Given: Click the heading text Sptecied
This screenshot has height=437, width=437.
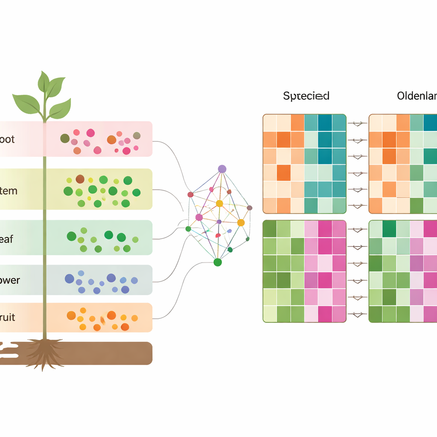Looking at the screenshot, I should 306,96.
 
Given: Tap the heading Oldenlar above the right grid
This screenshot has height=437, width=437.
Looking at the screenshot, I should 417,96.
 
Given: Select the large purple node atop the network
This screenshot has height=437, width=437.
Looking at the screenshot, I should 222,169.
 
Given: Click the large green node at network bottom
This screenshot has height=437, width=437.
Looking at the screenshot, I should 218,262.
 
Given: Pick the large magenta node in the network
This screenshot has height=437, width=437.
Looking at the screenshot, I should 199,217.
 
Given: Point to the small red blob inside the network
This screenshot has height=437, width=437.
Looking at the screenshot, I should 218,235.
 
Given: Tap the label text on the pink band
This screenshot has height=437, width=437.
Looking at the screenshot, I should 7,139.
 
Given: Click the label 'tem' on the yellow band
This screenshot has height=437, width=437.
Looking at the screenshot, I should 9,190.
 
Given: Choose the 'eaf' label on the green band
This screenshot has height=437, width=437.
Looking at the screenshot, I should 7,239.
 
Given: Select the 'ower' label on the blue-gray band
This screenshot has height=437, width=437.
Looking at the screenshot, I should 9,280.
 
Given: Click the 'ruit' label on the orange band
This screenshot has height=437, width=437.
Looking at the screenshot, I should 8,318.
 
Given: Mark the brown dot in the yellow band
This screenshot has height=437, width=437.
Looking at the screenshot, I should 80,179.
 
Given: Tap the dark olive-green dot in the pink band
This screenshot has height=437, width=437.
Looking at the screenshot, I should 65,138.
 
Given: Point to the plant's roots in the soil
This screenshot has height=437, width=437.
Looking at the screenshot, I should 44,352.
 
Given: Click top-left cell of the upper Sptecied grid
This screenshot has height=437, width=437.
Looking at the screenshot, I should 270,122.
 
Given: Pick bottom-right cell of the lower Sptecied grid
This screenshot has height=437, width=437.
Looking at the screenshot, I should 339,314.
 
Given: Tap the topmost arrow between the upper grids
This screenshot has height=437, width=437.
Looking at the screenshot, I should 358,123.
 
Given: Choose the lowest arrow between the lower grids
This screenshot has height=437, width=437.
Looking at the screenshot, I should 358,314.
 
